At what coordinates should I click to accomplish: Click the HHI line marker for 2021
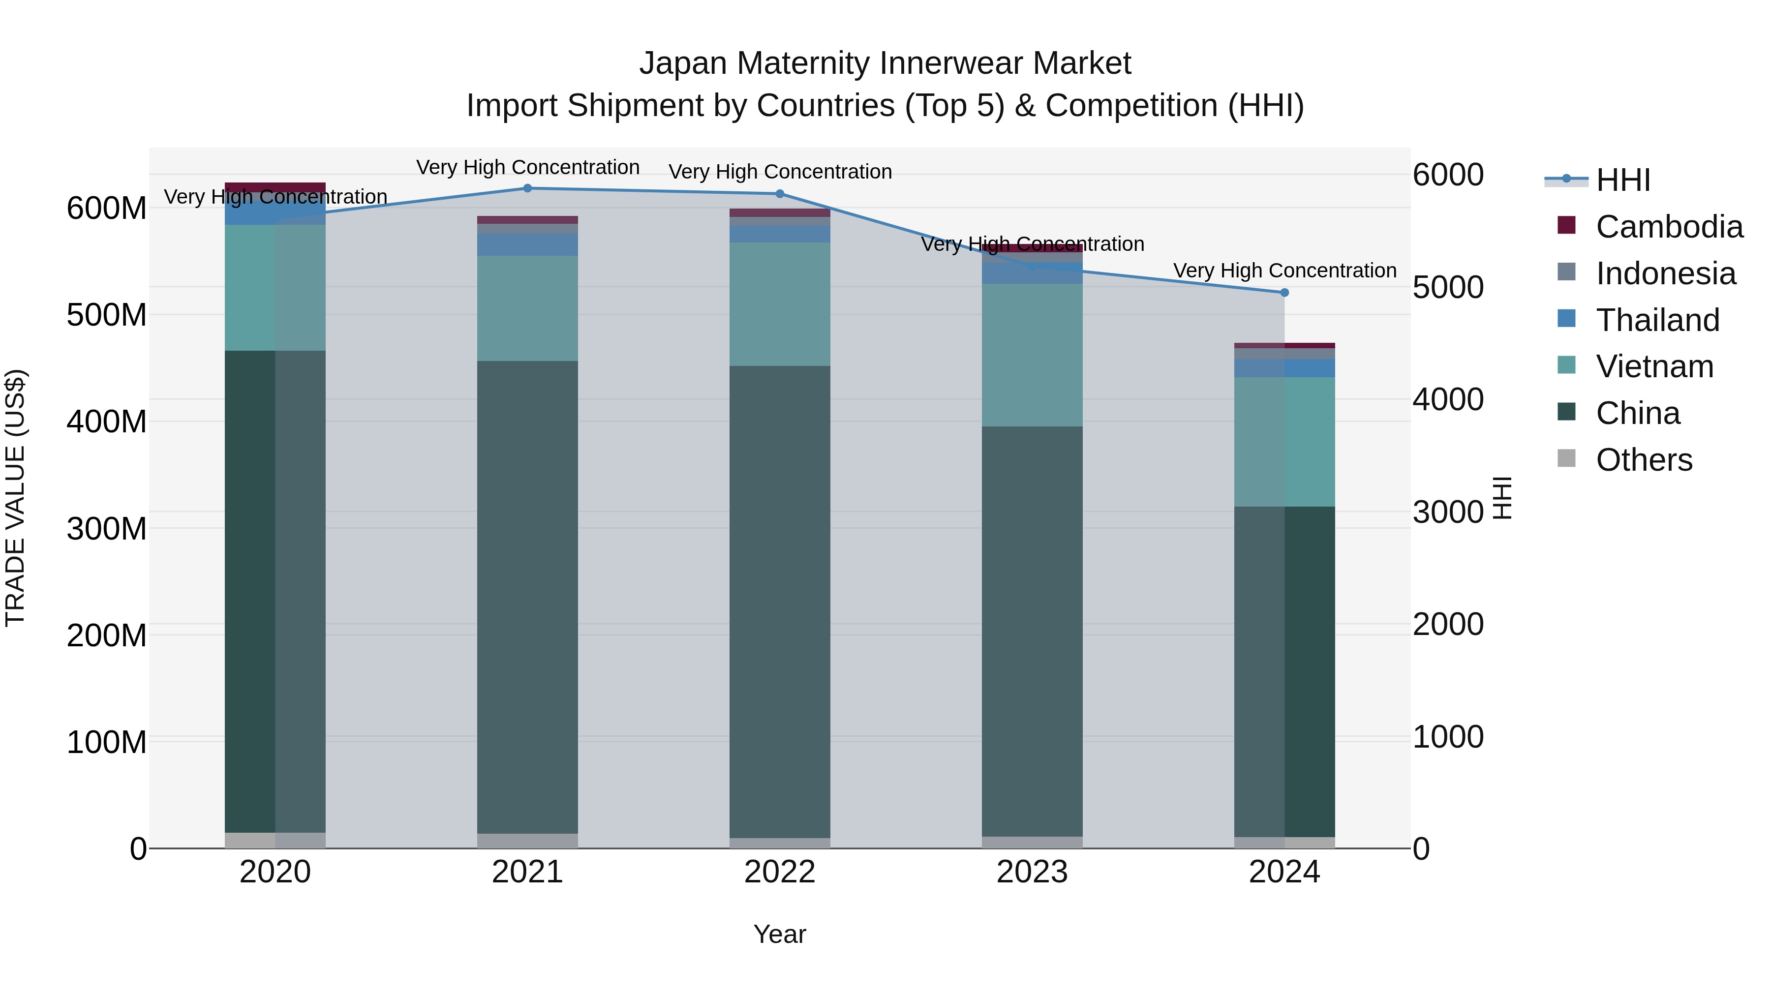527,188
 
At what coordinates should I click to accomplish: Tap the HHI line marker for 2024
1284,293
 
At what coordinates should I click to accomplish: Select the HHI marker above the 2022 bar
780,194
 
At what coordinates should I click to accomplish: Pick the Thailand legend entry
1657,320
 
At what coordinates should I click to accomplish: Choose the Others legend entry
1643,460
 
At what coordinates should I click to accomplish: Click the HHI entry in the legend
1622,180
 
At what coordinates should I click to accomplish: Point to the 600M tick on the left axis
107,208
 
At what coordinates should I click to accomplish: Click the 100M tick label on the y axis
107,742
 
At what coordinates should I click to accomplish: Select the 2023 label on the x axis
1032,872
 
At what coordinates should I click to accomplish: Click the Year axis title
780,934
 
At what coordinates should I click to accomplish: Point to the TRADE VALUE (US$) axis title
15,498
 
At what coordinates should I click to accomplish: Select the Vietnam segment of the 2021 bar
527,308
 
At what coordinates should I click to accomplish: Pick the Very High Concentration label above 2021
527,167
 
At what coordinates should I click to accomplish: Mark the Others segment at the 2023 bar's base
1032,842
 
